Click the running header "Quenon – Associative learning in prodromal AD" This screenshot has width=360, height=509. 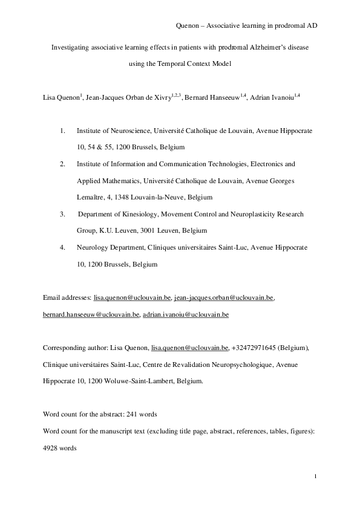[246, 25]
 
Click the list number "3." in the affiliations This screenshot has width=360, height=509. [62, 214]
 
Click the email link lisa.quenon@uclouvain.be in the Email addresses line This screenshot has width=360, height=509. [133, 298]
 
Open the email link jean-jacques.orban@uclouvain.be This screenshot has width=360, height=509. [224, 298]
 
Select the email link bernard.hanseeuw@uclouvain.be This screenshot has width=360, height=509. [91, 315]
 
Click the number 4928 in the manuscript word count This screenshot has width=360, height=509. [52, 448]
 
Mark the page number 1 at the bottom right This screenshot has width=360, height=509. [316, 479]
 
